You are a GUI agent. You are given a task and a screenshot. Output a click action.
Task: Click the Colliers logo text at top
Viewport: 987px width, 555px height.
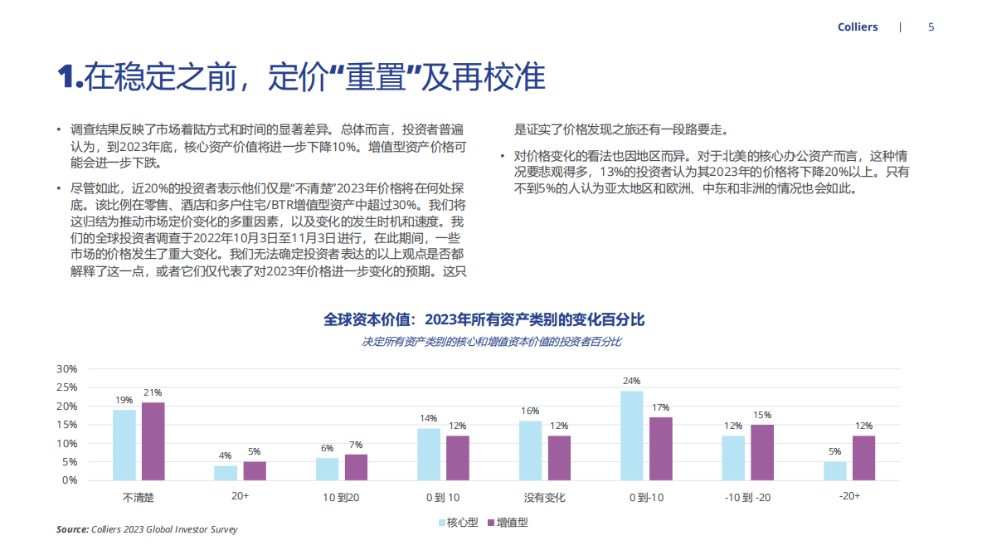pos(858,27)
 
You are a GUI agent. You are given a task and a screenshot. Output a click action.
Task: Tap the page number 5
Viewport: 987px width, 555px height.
pos(931,27)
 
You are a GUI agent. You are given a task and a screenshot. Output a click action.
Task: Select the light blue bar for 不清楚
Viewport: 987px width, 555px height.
pos(124,445)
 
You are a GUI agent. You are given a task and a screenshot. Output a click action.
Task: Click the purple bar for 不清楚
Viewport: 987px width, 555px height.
pos(153,441)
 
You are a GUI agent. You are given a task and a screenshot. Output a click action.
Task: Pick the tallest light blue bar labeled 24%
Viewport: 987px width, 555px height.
pos(632,436)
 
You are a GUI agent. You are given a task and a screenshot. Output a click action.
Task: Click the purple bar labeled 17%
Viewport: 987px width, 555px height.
pos(660,448)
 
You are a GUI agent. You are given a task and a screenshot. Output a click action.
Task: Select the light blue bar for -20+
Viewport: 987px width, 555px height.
pos(835,470)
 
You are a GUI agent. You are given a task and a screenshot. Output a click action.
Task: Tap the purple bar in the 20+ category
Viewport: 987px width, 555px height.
pos(255,470)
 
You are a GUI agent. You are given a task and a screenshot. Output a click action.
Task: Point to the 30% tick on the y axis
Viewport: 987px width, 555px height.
pos(66,368)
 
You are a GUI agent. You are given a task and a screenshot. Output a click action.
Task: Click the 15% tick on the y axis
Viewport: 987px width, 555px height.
pos(66,425)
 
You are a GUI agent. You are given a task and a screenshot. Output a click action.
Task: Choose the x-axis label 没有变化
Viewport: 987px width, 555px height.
pos(545,498)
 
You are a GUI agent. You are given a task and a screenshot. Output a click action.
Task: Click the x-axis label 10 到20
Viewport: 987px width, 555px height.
pos(341,498)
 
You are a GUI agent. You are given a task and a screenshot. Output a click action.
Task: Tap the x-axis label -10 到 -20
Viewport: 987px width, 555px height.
pos(747,498)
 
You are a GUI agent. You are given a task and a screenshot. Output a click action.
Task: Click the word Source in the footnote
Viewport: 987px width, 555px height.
pos(72,529)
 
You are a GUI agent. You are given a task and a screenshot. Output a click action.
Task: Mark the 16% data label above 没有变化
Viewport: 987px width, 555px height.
pos(530,411)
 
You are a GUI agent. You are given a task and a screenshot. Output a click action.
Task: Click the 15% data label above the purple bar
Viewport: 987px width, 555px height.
pos(761,415)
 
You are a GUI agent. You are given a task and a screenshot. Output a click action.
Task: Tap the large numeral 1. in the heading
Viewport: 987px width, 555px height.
pos(70,77)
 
